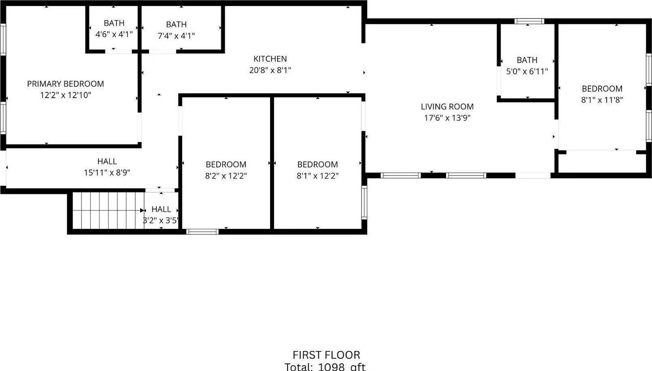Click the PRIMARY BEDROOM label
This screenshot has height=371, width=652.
[x=66, y=84]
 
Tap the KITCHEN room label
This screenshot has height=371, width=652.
[x=270, y=59]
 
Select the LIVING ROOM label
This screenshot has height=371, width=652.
[x=447, y=107]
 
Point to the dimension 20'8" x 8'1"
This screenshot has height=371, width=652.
[x=270, y=70]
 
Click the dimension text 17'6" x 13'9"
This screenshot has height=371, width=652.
[x=447, y=118]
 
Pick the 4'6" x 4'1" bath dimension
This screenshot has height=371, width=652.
[x=114, y=34]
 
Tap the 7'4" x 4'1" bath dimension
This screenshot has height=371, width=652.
[x=176, y=36]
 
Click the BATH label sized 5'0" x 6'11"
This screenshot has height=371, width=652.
[x=527, y=60]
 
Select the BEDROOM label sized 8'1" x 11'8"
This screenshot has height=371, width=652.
[x=602, y=89]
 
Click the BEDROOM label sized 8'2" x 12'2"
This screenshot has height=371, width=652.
[x=226, y=164]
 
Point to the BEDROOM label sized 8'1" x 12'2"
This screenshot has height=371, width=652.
[x=317, y=164]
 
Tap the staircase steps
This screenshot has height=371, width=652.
[x=108, y=211]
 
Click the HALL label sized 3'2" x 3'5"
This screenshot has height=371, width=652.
[x=161, y=209]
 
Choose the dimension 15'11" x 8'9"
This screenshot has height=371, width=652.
[x=107, y=173]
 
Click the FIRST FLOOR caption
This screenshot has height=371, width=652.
[x=326, y=355]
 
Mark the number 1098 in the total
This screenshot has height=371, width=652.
[x=331, y=367]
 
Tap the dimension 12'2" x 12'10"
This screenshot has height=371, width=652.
[x=66, y=95]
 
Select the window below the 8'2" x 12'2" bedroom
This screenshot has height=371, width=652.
[x=202, y=232]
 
